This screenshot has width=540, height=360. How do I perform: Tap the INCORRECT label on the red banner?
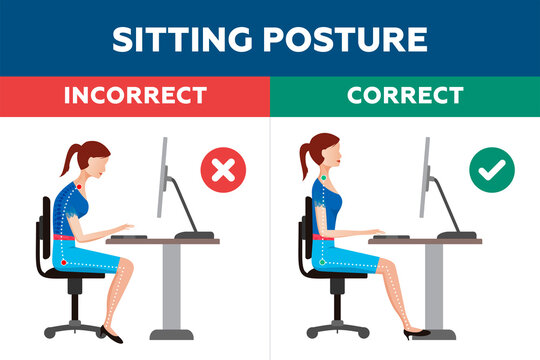click(x=135, y=97)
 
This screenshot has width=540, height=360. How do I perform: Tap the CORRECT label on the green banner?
click(x=404, y=97)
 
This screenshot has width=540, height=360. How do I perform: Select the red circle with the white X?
click(x=221, y=171)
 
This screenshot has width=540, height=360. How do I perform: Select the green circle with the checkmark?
click(x=491, y=171)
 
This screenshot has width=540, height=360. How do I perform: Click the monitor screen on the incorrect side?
click(x=165, y=180)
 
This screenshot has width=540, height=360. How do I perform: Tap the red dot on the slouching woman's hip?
click(x=64, y=262)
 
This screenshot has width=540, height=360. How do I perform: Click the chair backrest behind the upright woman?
click(x=306, y=232)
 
